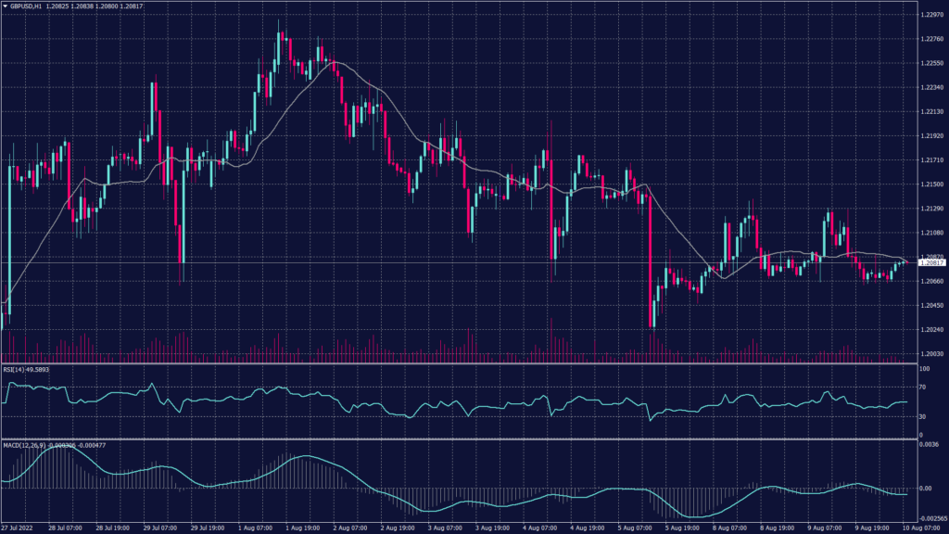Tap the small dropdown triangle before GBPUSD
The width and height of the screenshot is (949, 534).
coord(6,6)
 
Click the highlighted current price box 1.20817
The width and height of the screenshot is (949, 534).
coord(930,263)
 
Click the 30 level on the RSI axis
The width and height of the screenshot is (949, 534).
coord(923,417)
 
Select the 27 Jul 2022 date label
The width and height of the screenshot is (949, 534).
coord(19,528)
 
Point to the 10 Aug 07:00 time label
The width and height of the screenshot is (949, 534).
coord(921,528)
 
